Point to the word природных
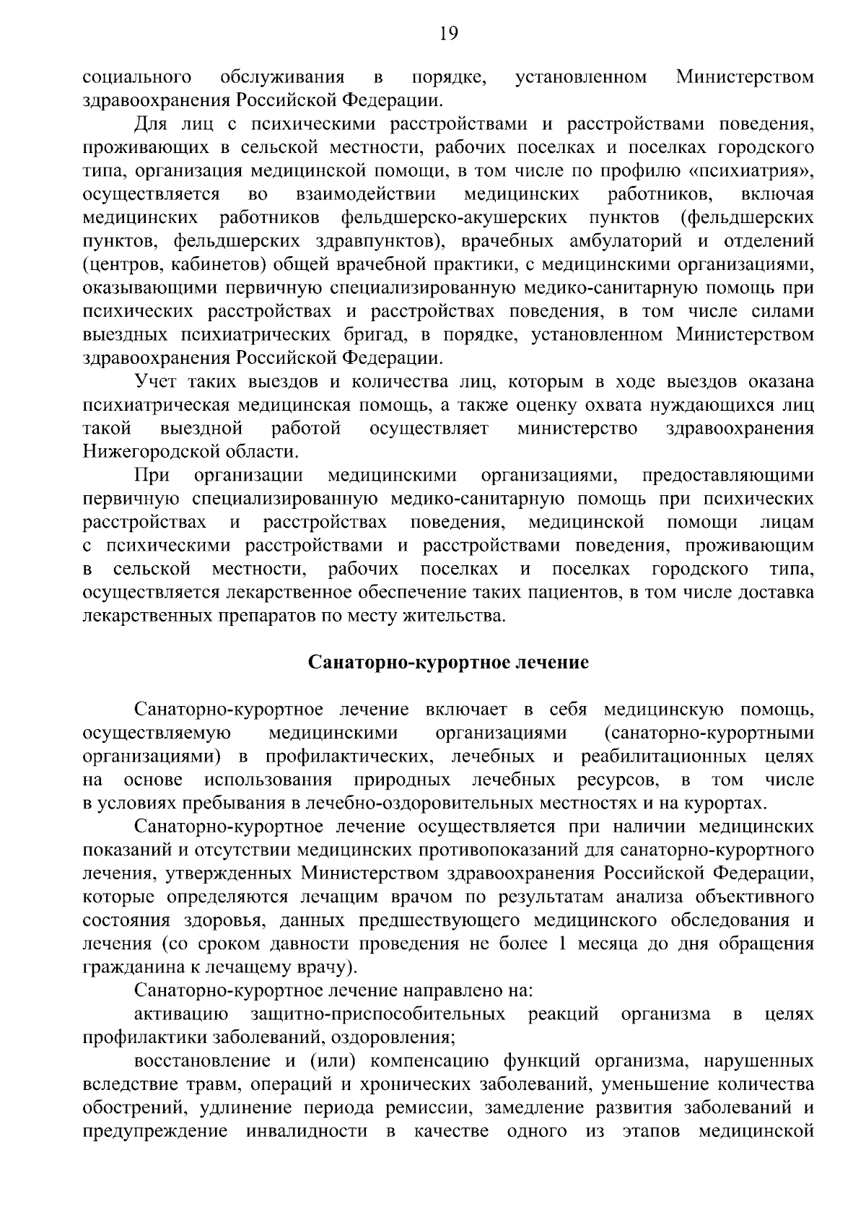pyautogui.click(x=403, y=780)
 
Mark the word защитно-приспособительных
pyautogui.click(x=378, y=1014)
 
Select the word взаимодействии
pyautogui.click(x=366, y=194)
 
